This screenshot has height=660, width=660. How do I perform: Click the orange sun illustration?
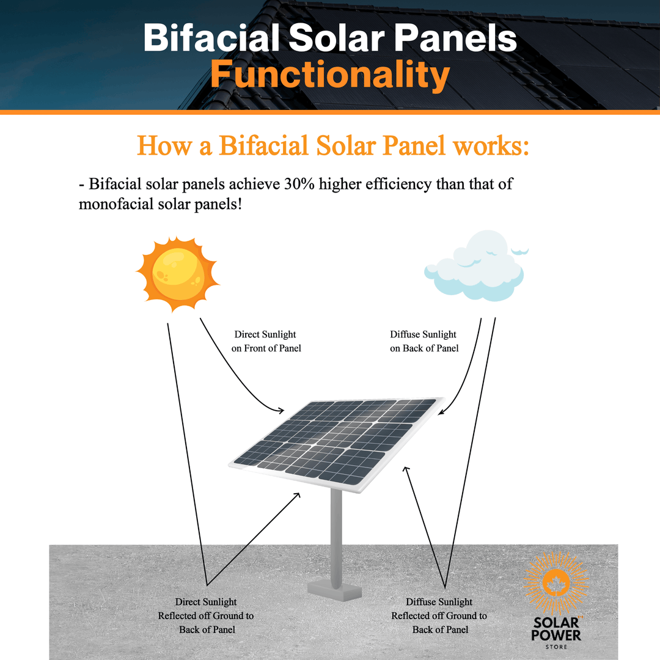click(x=177, y=274)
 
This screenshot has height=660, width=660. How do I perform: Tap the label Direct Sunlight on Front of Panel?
click(x=266, y=341)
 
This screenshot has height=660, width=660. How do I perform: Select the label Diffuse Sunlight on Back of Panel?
click(x=424, y=341)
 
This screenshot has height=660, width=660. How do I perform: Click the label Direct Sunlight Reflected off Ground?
click(x=206, y=615)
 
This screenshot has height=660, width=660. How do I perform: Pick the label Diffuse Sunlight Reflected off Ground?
click(x=439, y=615)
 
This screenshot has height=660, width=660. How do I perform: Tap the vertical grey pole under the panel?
click(x=336, y=532)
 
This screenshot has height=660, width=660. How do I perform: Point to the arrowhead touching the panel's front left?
click(x=282, y=411)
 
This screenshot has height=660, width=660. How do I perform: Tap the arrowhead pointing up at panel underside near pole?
click(x=298, y=495)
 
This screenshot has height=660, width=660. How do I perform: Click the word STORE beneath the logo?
click(x=557, y=647)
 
